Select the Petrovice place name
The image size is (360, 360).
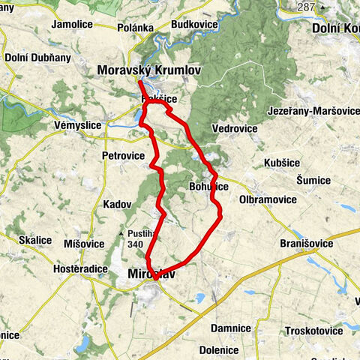pos(123,156)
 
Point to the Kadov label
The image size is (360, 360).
pos(118,204)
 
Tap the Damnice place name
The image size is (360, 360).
pos(230,328)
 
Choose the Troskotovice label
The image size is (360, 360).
pos(309,331)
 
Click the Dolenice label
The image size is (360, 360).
pos(219,349)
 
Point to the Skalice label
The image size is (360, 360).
pos(35,240)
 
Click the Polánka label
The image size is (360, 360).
pos(135,28)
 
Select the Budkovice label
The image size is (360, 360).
pos(195,24)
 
